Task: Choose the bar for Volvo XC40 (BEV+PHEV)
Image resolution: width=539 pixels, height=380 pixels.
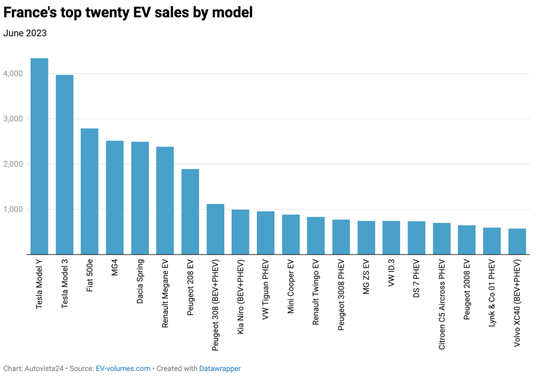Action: [517, 242]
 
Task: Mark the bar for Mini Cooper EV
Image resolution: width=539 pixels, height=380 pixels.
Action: [291, 235]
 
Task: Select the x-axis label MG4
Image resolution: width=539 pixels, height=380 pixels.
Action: [115, 269]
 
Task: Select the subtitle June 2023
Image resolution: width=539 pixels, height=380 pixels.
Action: [25, 33]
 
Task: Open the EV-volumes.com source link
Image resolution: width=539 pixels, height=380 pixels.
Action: [123, 368]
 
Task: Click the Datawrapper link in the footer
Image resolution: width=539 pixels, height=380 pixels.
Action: [219, 368]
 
